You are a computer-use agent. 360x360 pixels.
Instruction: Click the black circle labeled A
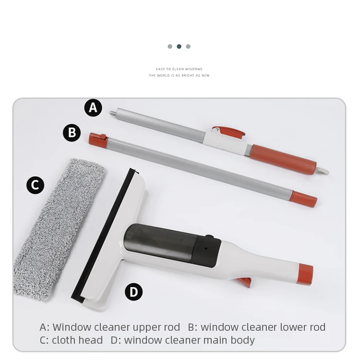tap(93, 108)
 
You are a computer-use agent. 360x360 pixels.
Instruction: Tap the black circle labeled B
tap(72, 132)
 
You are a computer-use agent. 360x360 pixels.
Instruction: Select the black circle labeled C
tap(35, 185)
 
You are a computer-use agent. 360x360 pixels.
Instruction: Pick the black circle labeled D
tap(133, 292)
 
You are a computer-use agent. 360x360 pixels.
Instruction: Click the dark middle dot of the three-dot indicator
tap(179, 47)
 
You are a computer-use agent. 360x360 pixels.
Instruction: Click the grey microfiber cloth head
tap(58, 226)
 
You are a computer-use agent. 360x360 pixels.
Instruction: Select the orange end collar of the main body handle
tap(305, 274)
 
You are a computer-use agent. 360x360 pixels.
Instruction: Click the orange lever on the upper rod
tap(229, 131)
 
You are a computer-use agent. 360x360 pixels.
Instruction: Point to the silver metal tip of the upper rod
tap(112, 114)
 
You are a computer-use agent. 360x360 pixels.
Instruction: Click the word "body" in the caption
tap(242, 340)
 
